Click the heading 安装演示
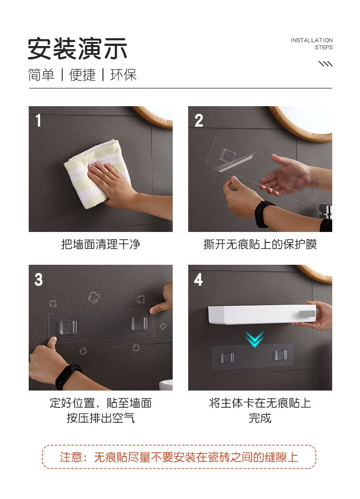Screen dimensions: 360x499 coord(77,49)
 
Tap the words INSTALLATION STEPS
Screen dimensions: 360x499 coord(311,44)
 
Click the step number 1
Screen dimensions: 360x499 coord(38,121)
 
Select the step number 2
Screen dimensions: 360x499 coord(199,121)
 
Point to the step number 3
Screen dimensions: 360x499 coord(39,280)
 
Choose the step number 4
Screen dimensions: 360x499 coord(198,279)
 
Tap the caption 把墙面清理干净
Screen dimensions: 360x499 coord(101,244)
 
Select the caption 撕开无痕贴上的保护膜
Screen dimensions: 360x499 coord(260,244)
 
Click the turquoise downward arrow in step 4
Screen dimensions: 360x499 coord(254,339)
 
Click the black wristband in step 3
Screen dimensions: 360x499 coord(68,376)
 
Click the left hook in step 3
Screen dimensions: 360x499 coord(68,327)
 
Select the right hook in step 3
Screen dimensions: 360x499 coord(139,324)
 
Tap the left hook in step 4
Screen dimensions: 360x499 coord(227,357)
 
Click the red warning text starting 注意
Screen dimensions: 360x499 coord(179,457)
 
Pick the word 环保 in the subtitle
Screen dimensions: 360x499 coord(123,75)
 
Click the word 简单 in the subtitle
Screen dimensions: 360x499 coord(41,75)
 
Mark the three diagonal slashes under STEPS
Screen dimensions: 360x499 coord(326,64)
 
